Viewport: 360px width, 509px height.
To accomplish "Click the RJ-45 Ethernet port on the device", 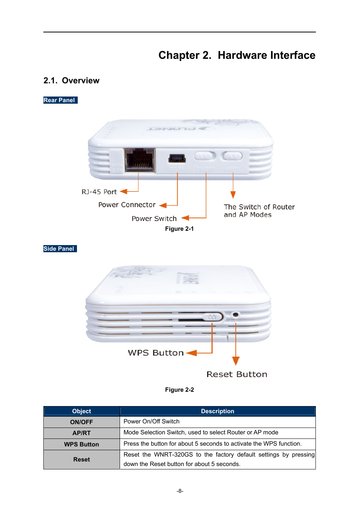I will pyautogui.click(x=139, y=160).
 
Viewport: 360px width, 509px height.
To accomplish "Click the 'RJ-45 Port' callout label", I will pyautogui.click(x=99, y=192).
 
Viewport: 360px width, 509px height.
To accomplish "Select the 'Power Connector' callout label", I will pyautogui.click(x=127, y=205).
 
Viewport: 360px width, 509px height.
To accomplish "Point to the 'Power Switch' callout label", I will pyautogui.click(x=154, y=219).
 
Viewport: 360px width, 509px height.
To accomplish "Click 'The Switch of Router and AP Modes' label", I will pyautogui.click(x=259, y=211).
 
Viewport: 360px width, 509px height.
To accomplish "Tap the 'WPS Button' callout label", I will pyautogui.click(x=155, y=353).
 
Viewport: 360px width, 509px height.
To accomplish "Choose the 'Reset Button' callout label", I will pyautogui.click(x=237, y=374).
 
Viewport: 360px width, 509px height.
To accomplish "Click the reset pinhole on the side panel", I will pyautogui.click(x=235, y=314).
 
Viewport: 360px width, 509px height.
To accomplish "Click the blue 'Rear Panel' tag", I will pyautogui.click(x=60, y=100).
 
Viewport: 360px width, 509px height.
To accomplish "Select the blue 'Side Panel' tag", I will pyautogui.click(x=60, y=249).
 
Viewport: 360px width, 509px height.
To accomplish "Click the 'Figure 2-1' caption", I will pyautogui.click(x=179, y=229).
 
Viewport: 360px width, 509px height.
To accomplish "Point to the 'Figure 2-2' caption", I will pyautogui.click(x=179, y=390).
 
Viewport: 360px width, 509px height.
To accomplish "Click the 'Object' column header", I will pyautogui.click(x=82, y=411).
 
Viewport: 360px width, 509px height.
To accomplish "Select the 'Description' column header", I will pyautogui.click(x=217, y=411).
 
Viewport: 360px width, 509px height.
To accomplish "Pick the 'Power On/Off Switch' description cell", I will pyautogui.click(x=152, y=422).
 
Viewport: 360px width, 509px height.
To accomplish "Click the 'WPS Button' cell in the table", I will pyautogui.click(x=82, y=445).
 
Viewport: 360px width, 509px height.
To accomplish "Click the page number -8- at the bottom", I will pyautogui.click(x=180, y=491).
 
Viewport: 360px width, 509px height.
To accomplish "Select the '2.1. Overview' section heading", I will pyautogui.click(x=71, y=81).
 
